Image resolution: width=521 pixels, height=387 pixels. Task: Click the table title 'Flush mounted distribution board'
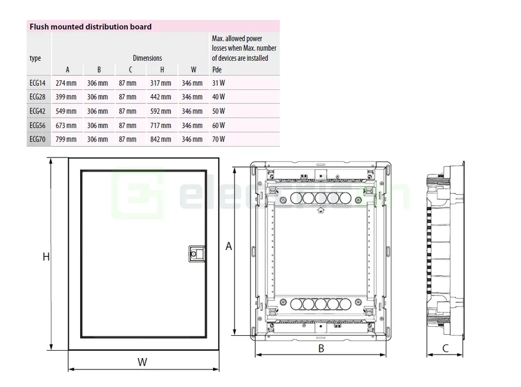(x=90, y=26)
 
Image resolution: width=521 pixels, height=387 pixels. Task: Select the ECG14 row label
(x=37, y=83)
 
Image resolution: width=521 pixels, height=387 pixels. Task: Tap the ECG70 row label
(x=37, y=139)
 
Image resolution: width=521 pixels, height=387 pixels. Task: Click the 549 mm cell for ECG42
(x=66, y=111)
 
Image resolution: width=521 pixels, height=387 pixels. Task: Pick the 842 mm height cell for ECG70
(x=161, y=139)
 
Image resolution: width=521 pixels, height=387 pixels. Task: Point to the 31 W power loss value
(x=218, y=83)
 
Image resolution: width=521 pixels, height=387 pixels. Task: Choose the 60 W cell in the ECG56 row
(x=219, y=126)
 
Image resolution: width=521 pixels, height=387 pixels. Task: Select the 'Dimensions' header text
(x=147, y=58)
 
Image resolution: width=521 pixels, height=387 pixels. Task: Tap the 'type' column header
(x=35, y=58)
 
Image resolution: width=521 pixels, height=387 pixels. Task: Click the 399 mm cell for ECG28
(x=66, y=97)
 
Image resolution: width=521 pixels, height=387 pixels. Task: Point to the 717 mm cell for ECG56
(x=161, y=126)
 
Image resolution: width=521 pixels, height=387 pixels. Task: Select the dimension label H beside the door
(x=46, y=257)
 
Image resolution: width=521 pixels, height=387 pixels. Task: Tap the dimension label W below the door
(x=142, y=362)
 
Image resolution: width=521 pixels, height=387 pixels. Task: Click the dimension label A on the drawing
(x=229, y=246)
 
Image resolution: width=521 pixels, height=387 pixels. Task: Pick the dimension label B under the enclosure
(x=321, y=349)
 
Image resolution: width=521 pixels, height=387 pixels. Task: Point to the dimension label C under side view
(x=445, y=348)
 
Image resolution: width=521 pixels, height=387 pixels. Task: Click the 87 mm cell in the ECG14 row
(x=128, y=83)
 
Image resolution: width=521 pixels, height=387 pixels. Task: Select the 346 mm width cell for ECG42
(x=192, y=111)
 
